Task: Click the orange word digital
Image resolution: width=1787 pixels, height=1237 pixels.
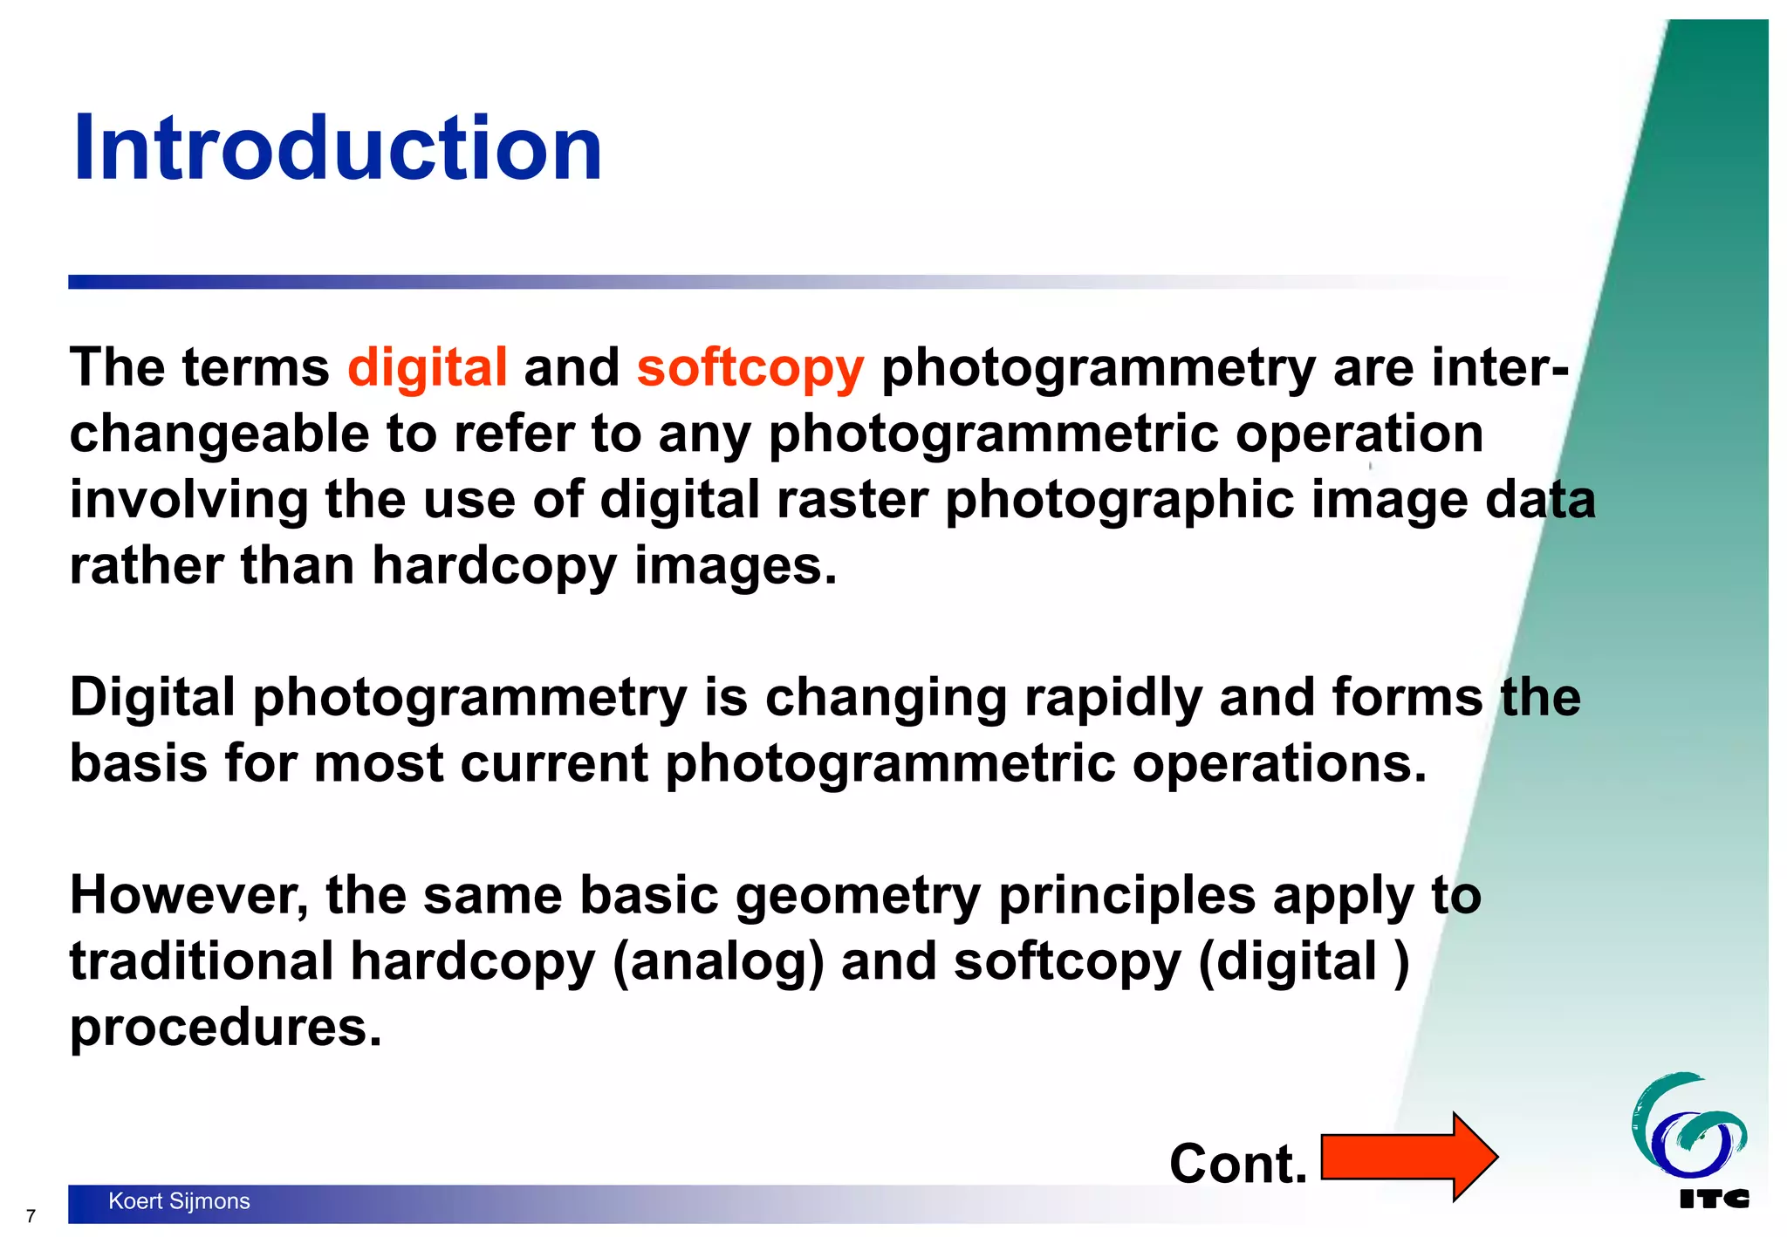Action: pyautogui.click(x=427, y=366)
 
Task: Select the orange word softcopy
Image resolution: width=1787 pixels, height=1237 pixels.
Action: pyautogui.click(x=750, y=368)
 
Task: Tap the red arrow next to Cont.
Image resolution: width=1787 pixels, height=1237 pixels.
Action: pyautogui.click(x=1408, y=1157)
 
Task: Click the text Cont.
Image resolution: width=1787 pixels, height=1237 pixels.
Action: pyautogui.click(x=1237, y=1164)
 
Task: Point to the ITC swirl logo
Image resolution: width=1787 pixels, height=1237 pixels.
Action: pyautogui.click(x=1688, y=1125)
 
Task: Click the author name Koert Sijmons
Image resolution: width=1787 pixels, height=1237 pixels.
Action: pyautogui.click(x=179, y=1201)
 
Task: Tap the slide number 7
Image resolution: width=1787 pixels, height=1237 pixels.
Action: pyautogui.click(x=31, y=1216)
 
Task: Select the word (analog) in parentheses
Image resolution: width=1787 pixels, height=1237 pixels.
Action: pyautogui.click(x=717, y=962)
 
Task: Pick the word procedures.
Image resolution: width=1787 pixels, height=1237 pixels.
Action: pyautogui.click(x=226, y=1028)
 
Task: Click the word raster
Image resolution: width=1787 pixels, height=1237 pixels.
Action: pyautogui.click(x=852, y=500)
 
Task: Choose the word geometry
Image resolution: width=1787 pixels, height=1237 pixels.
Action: pyautogui.click(x=858, y=897)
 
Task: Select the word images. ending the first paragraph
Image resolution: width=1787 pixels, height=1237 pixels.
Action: pyautogui.click(x=735, y=566)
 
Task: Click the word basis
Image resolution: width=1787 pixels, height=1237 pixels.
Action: pyautogui.click(x=138, y=763)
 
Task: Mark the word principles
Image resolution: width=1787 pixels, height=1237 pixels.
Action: pyautogui.click(x=1126, y=897)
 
